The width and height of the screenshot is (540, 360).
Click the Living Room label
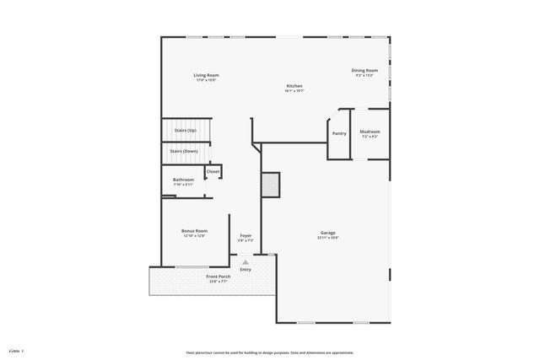point(207,75)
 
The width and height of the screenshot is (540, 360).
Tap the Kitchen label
point(294,86)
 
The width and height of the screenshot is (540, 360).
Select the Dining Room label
point(364,70)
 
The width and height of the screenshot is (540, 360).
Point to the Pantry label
point(339,133)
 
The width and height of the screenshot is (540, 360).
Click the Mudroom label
point(370,132)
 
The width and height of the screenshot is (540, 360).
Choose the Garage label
point(328,232)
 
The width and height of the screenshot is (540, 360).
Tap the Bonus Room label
point(194,231)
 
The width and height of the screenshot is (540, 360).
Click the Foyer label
point(246,235)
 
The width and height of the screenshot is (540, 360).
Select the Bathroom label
point(184,180)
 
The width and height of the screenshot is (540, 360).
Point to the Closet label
point(213,171)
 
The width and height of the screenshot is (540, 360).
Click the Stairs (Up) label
point(186,131)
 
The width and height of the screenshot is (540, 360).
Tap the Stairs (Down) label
point(184,151)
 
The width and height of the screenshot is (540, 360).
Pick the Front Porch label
point(218,277)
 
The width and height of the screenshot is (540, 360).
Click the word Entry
point(246,270)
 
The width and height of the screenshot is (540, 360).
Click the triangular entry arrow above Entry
point(246,261)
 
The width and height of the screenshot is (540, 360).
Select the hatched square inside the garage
point(270,185)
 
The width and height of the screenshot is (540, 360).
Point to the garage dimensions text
point(328,238)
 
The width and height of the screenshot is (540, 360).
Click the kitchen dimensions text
point(294,91)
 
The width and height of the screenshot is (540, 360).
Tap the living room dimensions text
point(207,80)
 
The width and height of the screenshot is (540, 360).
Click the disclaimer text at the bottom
point(270,352)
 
